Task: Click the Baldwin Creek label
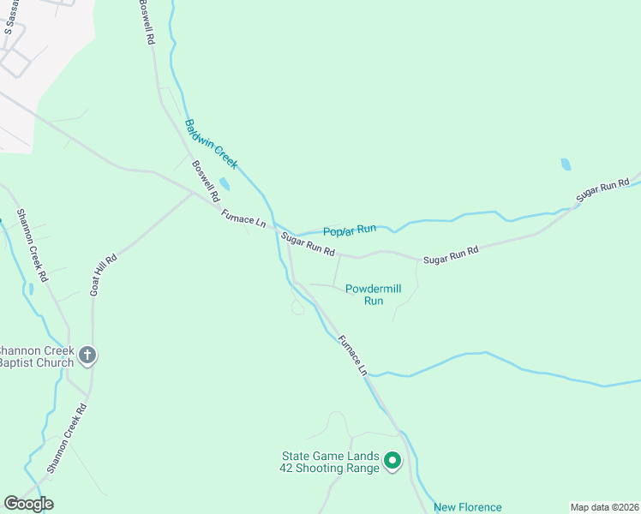[211, 143]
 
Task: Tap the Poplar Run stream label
[350, 230]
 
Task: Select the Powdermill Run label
[373, 295]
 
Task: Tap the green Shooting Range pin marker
[392, 462]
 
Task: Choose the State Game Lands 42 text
[329, 462]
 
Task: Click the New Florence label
[467, 507]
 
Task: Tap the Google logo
[28, 504]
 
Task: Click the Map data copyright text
[604, 507]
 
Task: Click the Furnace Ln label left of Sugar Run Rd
[243, 218]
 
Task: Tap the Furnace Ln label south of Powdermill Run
[351, 355]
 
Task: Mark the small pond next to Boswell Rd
[225, 184]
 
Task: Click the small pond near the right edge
[566, 164]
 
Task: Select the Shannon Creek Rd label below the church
[67, 439]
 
